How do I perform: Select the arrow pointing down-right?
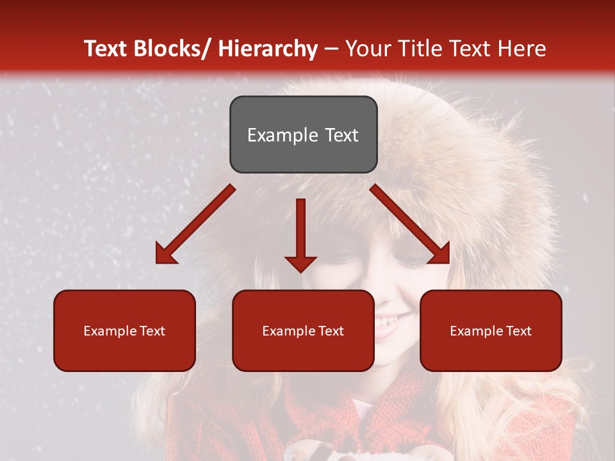click(407, 222)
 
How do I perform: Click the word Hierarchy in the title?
click(268, 49)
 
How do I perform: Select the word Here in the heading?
click(522, 49)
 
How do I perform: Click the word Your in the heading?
click(367, 49)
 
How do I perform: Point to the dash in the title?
click(331, 49)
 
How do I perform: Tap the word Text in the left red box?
click(151, 331)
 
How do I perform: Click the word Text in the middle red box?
click(330, 331)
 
